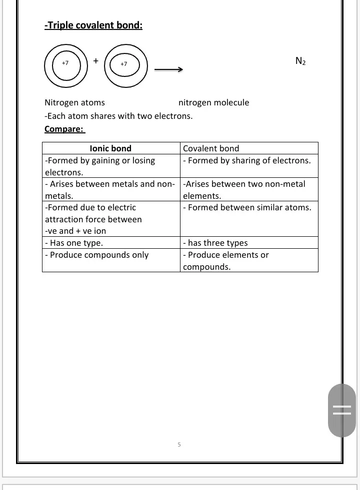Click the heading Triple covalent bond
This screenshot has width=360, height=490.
pos(93,25)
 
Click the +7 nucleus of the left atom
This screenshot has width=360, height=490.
pos(64,63)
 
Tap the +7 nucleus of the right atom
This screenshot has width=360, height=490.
pos(124,64)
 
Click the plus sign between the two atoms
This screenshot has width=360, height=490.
pos(95,60)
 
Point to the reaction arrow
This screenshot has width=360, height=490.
pos(167,70)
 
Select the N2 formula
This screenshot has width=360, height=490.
pos(300,61)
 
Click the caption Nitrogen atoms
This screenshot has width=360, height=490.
pos(74,102)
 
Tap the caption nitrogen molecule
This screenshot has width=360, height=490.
pos(213,102)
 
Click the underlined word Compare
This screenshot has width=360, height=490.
pos(64,129)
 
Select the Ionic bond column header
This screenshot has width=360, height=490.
pos(110,148)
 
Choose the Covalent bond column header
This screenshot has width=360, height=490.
pos(211,148)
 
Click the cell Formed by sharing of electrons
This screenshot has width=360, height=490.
pos(246,160)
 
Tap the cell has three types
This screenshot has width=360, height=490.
pos(215,243)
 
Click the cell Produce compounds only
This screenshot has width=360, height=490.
pos(96,255)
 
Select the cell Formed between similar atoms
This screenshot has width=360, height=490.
pos(246,207)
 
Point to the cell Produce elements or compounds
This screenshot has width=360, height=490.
pos(225,260)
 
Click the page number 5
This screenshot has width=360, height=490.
pos(179,444)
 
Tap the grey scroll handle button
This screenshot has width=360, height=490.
pos(342,411)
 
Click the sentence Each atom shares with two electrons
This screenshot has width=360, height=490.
pos(118,116)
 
